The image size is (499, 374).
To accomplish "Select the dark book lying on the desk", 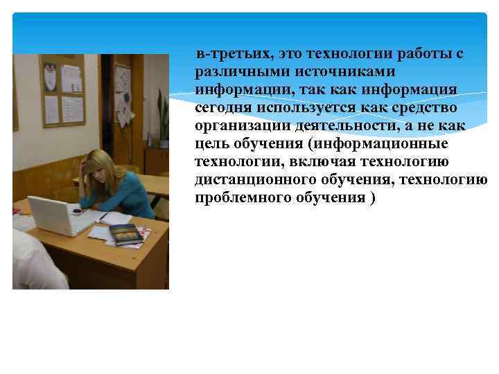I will coord(126,235).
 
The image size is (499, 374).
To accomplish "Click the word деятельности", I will coord(340,125).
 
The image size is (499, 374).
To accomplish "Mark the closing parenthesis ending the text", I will coord(374,197).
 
